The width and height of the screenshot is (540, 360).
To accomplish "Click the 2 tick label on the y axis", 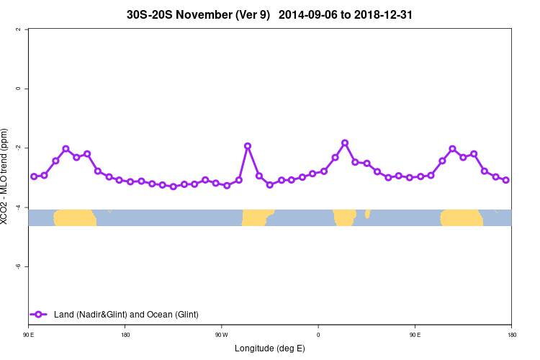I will (x=17, y=30).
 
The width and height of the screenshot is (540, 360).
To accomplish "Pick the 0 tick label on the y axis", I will (x=17, y=89).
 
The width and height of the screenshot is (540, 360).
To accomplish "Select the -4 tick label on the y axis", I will (x=17, y=207).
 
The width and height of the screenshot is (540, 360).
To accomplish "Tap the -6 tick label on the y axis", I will (x=17, y=266).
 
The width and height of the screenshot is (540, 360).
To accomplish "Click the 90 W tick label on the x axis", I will (x=221, y=335).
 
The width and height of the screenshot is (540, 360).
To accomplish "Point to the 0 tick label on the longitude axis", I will (x=318, y=335).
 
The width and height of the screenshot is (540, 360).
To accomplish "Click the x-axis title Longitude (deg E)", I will (x=269, y=348).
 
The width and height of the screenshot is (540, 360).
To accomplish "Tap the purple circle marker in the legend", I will (x=39, y=314).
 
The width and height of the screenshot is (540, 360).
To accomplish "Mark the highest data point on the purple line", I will (x=345, y=143).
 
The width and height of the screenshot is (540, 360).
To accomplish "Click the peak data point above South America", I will (x=248, y=146).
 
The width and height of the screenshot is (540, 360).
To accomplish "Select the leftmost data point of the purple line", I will (x=34, y=176).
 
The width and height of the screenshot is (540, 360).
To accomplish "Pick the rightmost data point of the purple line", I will (x=506, y=180).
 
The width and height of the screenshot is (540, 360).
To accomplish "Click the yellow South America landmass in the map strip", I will (x=256, y=217).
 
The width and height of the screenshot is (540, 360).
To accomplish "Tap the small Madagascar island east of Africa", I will (x=367, y=213).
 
